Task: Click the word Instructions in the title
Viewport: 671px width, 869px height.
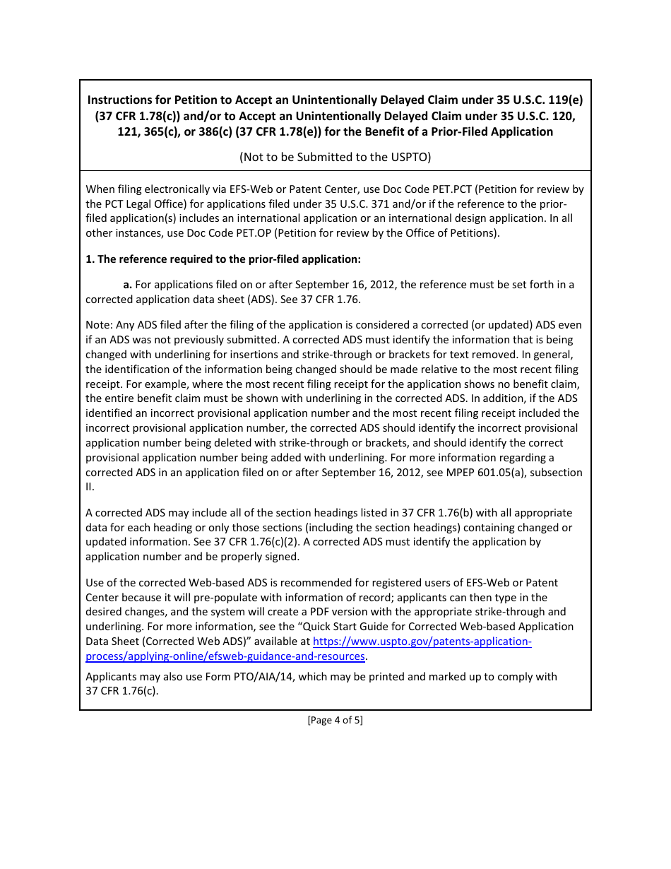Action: point(121,100)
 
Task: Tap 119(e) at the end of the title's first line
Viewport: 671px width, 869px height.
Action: point(564,100)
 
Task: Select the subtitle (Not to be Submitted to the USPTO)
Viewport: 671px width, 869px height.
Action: point(335,157)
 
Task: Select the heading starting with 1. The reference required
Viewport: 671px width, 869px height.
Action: point(223,259)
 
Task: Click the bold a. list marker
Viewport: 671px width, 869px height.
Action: point(128,285)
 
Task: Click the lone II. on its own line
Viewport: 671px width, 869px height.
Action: point(90,487)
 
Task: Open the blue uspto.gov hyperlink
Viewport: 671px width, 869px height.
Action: point(421,642)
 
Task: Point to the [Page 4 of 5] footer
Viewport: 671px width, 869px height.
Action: point(335,721)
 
